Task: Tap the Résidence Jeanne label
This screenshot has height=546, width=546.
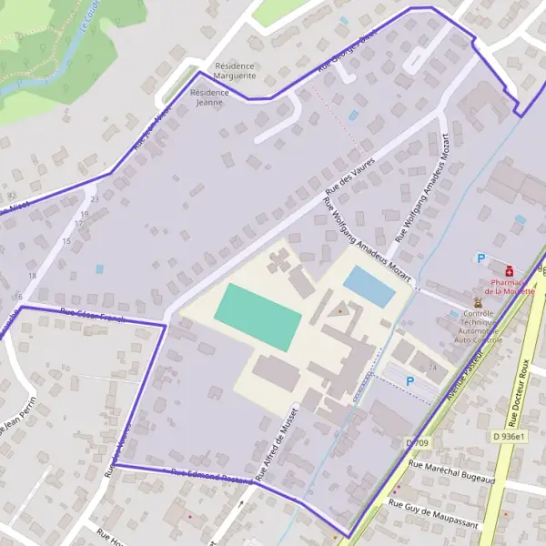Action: coord(209,97)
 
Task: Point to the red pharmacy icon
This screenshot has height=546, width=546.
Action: coord(509,270)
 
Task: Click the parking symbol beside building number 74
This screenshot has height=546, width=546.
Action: coord(409,380)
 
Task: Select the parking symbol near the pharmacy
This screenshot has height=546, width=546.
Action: coord(480,258)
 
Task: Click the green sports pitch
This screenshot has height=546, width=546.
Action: coord(258,317)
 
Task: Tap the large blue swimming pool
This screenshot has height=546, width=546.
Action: coord(369,287)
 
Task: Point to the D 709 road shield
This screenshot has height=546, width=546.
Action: coord(417,442)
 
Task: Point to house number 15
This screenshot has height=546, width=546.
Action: coord(66,241)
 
